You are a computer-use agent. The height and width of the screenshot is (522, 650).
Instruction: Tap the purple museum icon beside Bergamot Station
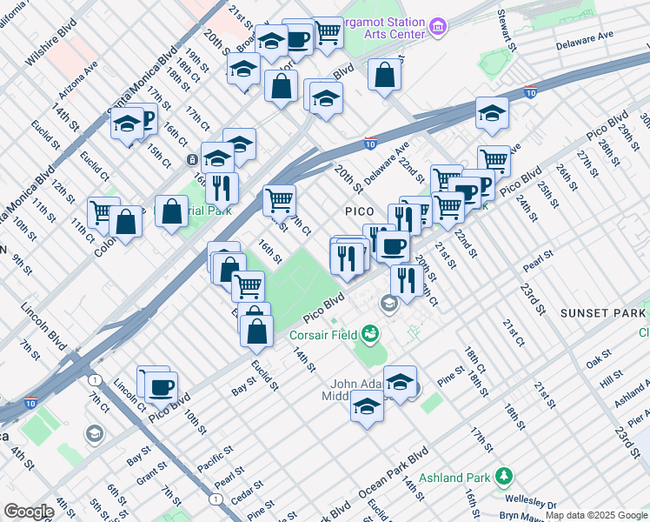pyautogui.click(x=439, y=28)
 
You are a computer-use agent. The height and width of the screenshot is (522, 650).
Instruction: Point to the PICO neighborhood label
pyautogui.click(x=359, y=211)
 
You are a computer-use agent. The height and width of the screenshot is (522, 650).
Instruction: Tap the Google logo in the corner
pyautogui.click(x=29, y=512)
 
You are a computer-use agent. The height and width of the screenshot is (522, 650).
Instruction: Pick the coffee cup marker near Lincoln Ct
pyautogui.click(x=161, y=386)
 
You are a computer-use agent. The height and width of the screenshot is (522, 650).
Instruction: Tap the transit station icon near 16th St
pyautogui.click(x=193, y=160)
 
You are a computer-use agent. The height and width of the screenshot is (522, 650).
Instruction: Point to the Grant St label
pyautogui.click(x=150, y=473)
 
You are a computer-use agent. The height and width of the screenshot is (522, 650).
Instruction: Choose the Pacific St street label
pyautogui.click(x=215, y=456)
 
